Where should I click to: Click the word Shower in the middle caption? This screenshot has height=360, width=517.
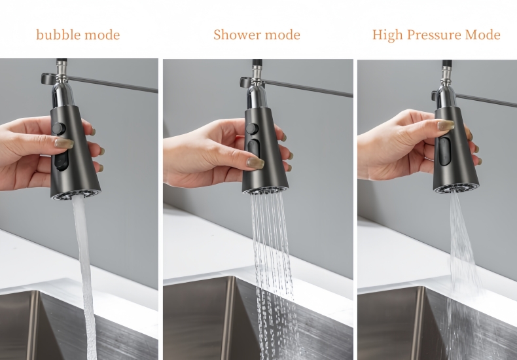(234, 35)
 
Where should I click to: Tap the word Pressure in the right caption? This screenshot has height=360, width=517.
(432, 35)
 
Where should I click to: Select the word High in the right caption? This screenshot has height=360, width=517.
(387, 35)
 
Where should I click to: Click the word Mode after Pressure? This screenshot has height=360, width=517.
(483, 35)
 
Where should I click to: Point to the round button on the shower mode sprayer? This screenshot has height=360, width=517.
(252, 129)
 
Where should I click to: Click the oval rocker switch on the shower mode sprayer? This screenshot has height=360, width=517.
(253, 152)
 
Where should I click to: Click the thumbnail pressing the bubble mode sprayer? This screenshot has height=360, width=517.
(64, 143)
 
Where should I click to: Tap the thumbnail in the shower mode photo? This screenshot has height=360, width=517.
(255, 162)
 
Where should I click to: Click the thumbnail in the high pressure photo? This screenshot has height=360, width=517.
(446, 125)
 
